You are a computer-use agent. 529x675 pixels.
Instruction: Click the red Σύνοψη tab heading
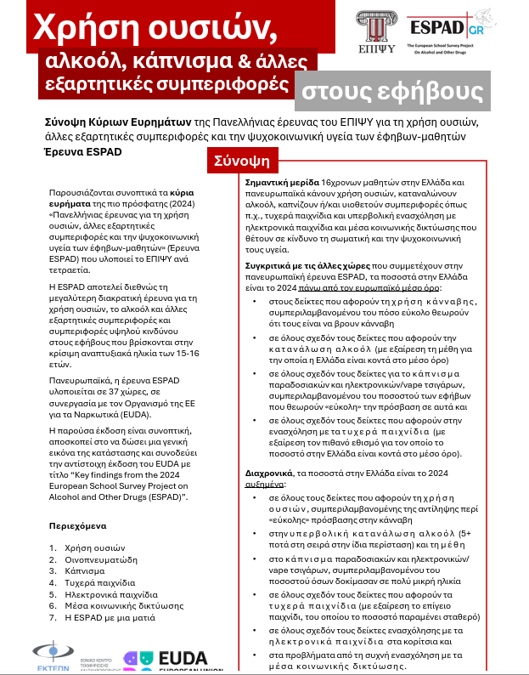241,160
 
